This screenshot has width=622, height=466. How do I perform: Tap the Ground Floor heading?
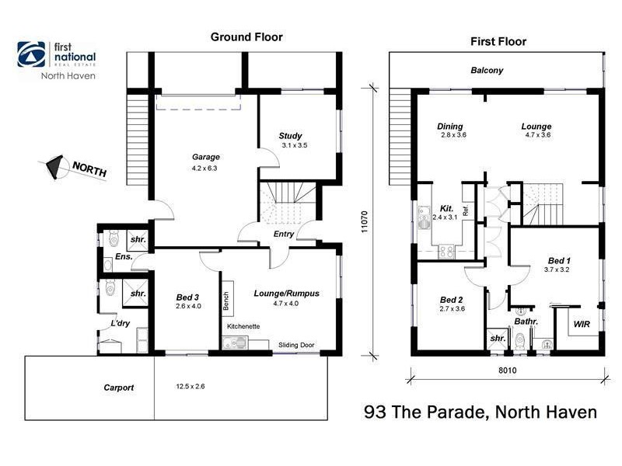[x=246, y=37]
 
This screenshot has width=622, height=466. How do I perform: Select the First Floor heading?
[x=498, y=41]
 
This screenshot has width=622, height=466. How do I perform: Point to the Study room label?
[x=291, y=136]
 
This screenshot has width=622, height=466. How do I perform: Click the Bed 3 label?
[x=188, y=297]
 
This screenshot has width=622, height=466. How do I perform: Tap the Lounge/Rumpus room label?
[x=287, y=293]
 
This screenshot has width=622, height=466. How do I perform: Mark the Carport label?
[x=119, y=388]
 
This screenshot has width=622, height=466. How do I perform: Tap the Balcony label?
[x=487, y=71]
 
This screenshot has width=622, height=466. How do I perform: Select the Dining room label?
[x=449, y=127]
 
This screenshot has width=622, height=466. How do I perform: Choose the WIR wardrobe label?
[x=582, y=322]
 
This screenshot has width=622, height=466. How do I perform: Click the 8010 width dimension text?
[x=507, y=371]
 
